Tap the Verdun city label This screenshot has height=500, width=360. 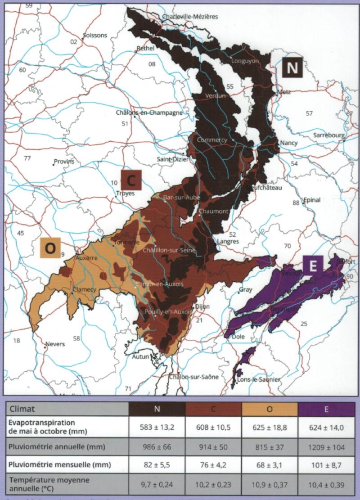(214, 95)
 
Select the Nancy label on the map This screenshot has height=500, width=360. (288, 143)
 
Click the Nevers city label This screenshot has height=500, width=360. (55, 344)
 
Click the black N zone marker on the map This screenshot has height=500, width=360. (292, 68)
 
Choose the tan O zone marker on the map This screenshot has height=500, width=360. (50, 247)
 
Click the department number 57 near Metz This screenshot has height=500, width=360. (309, 113)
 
